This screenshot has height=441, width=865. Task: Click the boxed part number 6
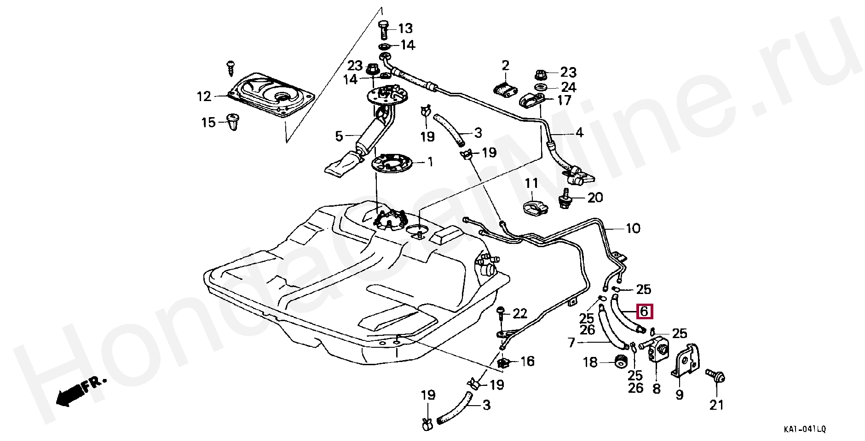(x=644, y=311)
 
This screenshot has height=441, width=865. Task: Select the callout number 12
(x=204, y=96)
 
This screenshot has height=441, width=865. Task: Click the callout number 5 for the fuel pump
(x=339, y=136)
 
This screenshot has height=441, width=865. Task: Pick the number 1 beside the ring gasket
(x=430, y=162)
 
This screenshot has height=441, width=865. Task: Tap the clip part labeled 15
(x=235, y=122)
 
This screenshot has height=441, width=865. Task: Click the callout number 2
(x=506, y=65)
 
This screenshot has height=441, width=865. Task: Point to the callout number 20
(x=595, y=198)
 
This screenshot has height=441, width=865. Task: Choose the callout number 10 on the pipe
(x=633, y=228)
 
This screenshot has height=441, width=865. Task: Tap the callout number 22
(x=519, y=314)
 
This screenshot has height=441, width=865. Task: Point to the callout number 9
(x=679, y=394)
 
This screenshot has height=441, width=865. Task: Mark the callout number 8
(x=657, y=389)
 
